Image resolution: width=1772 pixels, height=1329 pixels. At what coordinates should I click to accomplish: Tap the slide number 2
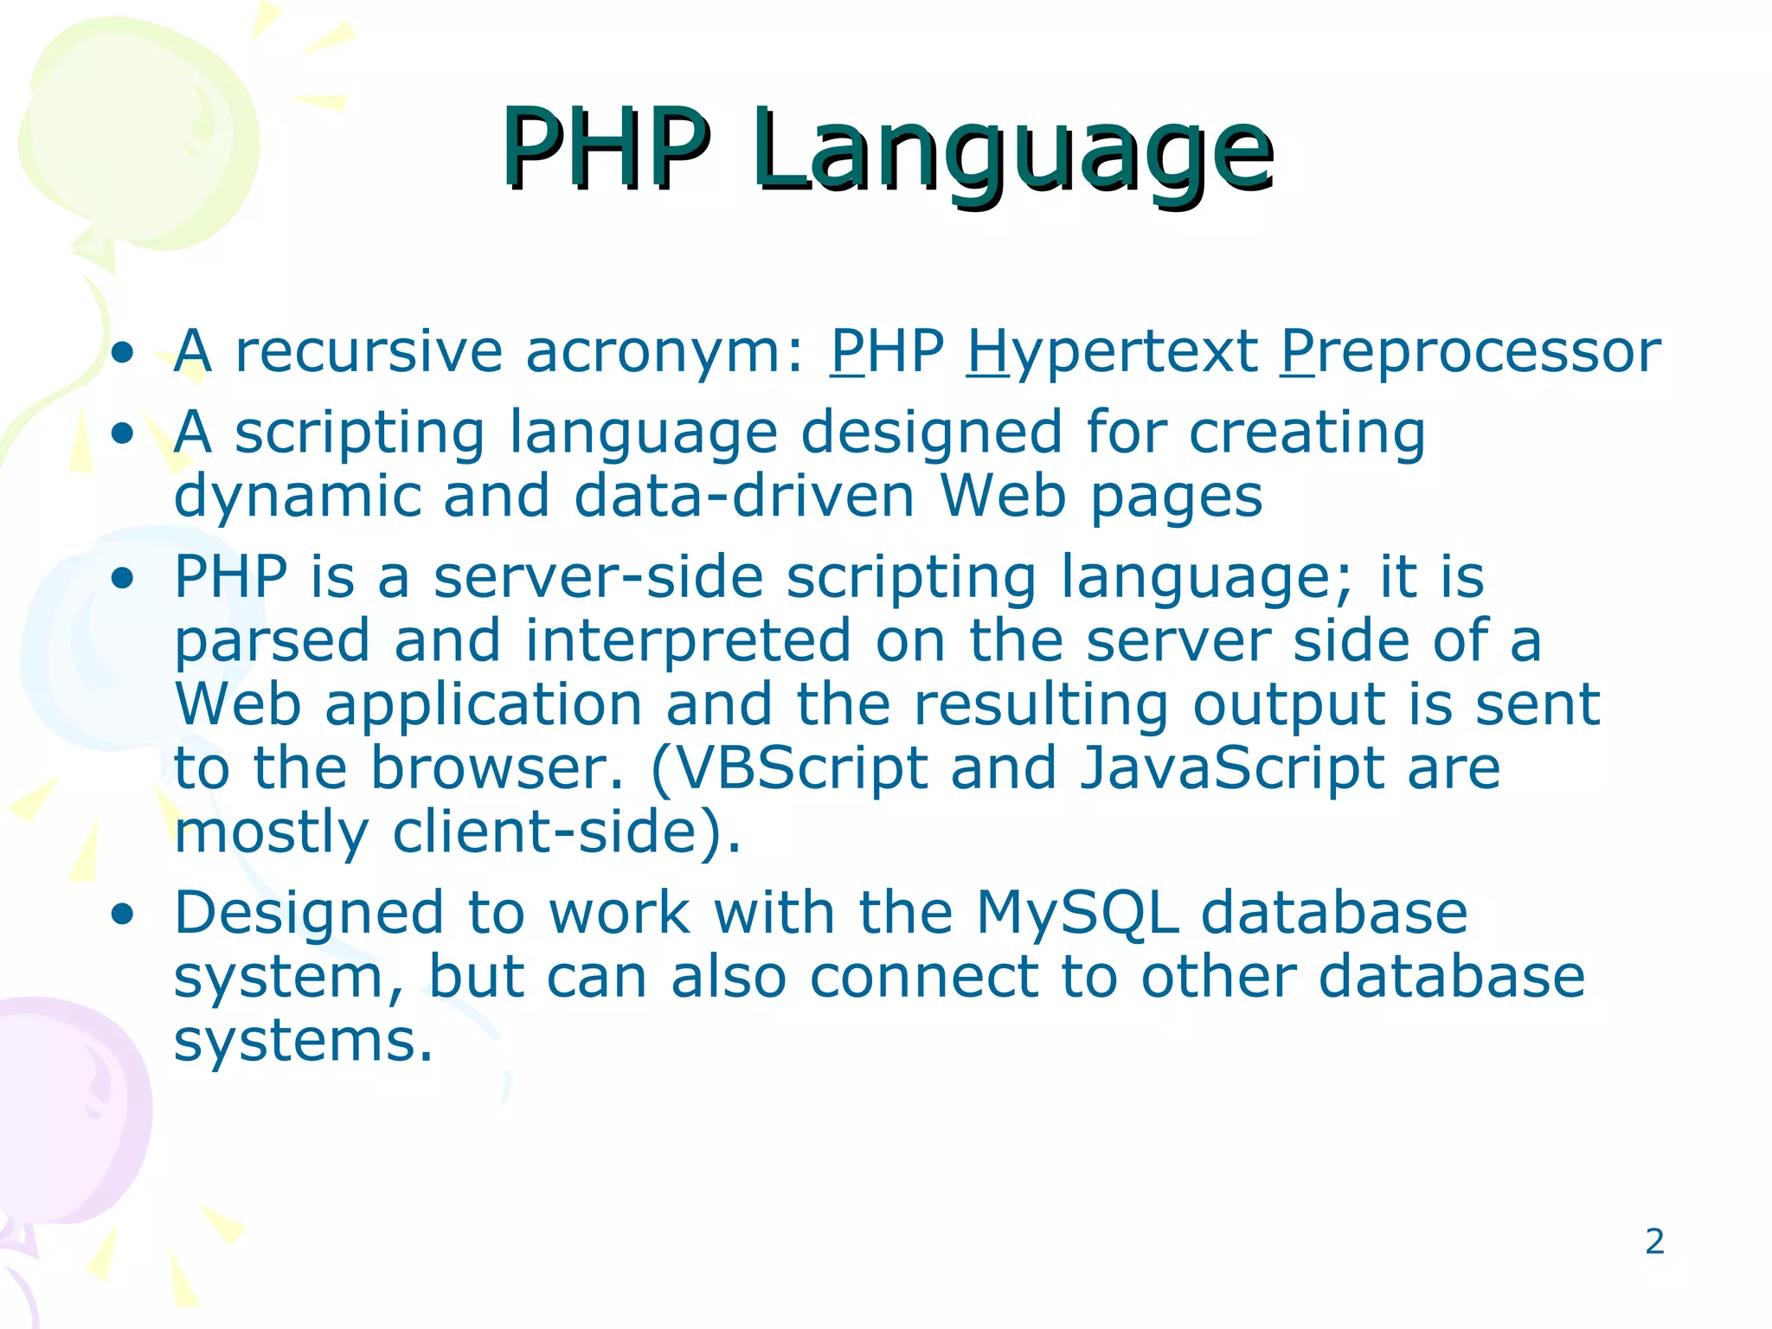(x=1654, y=1242)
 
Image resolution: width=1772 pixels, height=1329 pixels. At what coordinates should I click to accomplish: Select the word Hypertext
(x=1112, y=353)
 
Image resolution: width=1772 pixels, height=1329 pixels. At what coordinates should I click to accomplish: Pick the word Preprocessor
(x=1470, y=353)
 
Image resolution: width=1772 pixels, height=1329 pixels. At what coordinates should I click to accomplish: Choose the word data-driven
(x=744, y=497)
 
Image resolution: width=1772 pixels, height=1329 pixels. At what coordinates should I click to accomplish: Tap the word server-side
(x=598, y=577)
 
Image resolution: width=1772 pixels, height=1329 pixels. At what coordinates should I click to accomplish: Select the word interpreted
(x=688, y=642)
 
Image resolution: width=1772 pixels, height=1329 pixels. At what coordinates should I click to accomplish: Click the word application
(x=483, y=706)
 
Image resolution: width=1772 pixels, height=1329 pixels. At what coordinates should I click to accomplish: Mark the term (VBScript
(x=788, y=769)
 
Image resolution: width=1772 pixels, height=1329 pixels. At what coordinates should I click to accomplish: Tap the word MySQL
(x=1077, y=914)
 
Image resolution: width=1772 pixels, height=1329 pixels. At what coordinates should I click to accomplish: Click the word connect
(x=923, y=977)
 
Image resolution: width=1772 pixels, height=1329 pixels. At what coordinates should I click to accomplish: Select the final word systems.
(x=303, y=1041)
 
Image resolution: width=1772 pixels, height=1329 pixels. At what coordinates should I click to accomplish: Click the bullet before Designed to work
(x=124, y=914)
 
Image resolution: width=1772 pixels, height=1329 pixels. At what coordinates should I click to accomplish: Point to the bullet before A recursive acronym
(x=124, y=352)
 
